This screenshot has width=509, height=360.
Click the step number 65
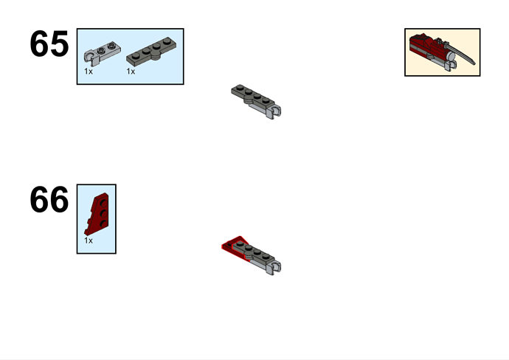pos(49,44)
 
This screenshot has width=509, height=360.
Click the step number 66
pos(49,200)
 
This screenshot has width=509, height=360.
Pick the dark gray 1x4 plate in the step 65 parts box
pos(151,52)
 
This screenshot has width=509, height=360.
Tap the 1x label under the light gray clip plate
pos(89,72)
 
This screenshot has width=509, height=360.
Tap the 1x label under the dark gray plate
pos(131,72)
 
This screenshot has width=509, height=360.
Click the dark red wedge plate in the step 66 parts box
pos(97,214)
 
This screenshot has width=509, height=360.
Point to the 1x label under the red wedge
pos(89,240)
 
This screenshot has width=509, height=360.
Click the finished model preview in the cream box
pos(442,52)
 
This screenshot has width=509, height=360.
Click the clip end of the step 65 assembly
pos(275,111)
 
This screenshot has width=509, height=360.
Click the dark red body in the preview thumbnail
pos(428,46)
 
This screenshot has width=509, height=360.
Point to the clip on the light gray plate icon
pos(89,57)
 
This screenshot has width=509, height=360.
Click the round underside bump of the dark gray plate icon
pos(156,57)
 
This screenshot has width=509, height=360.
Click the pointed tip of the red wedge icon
pos(86,233)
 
